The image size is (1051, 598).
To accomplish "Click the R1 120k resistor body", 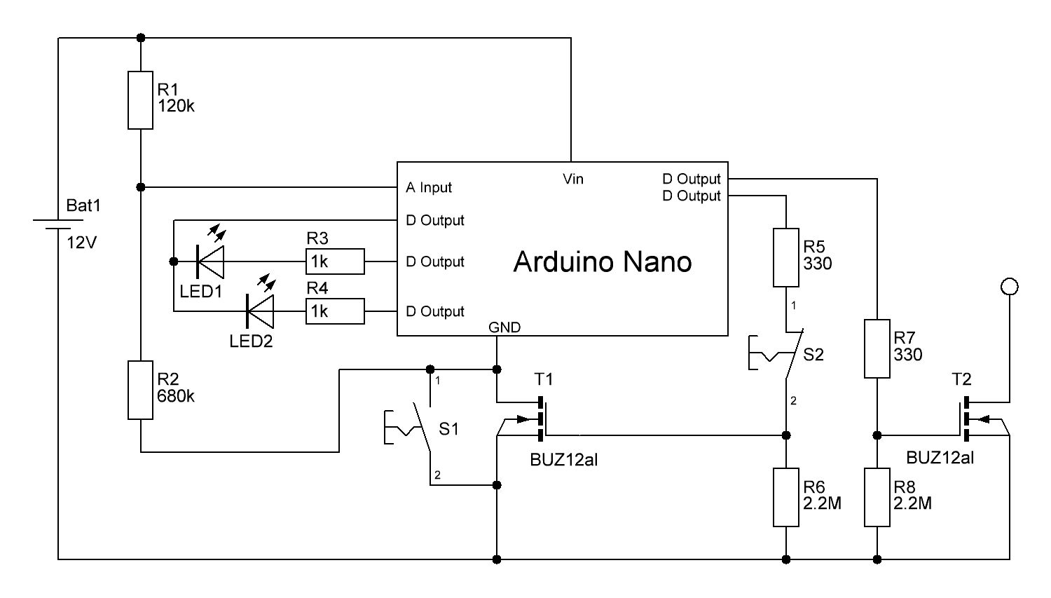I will click(x=140, y=100).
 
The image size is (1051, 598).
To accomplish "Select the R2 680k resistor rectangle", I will click(x=140, y=390).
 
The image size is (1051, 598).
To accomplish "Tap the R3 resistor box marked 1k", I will click(x=335, y=261).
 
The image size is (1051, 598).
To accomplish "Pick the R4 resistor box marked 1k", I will click(x=335, y=311).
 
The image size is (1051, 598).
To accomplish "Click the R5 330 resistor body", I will click(x=785, y=257).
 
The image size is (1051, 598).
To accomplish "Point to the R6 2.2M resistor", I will click(x=785, y=498).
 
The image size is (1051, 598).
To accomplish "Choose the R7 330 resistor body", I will click(x=877, y=348).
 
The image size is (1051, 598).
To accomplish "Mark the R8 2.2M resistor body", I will click(x=877, y=498).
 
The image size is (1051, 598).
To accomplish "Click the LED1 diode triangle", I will click(x=211, y=261).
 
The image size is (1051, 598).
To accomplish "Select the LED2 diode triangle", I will click(x=260, y=311).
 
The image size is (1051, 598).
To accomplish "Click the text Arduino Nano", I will click(x=603, y=261).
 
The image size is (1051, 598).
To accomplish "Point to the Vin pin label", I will click(x=573, y=179).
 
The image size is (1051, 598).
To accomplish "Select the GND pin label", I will click(x=504, y=327).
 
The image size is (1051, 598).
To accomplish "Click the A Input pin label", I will click(x=429, y=188).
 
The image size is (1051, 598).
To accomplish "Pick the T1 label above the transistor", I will click(x=544, y=379).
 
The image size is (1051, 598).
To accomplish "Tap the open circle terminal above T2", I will click(x=1010, y=286).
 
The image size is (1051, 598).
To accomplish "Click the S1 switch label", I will click(x=448, y=428).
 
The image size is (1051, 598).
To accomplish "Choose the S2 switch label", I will click(x=813, y=355).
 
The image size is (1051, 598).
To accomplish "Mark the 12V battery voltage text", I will click(x=82, y=243).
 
